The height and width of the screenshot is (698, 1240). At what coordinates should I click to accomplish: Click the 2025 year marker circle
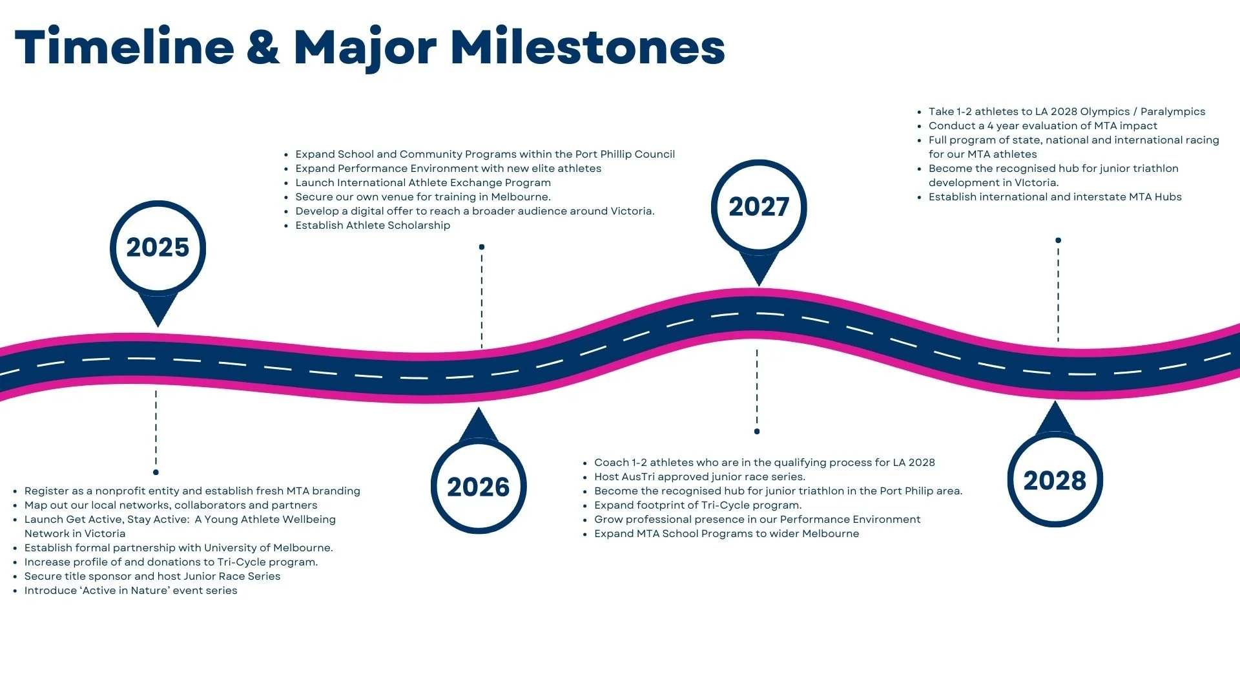(158, 248)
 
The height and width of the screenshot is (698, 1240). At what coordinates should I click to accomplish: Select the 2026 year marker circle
(479, 486)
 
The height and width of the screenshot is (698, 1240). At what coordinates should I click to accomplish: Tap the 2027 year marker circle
(759, 207)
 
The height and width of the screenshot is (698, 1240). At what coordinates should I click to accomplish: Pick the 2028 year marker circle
(1055, 480)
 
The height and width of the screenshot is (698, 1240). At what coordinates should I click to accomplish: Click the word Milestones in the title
(588, 47)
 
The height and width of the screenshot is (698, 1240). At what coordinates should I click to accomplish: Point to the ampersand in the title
(263, 47)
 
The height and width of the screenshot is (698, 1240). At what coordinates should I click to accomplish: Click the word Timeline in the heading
(125, 47)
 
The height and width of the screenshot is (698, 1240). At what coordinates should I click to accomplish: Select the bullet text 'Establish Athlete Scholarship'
(373, 226)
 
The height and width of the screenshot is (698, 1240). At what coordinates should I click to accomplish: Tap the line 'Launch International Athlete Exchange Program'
(423, 183)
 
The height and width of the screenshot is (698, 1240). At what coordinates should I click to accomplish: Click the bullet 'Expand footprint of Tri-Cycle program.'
(697, 505)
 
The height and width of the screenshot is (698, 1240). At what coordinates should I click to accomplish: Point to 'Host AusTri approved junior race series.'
(699, 477)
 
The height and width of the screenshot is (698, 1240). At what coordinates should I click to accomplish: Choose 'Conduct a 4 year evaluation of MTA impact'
(1042, 126)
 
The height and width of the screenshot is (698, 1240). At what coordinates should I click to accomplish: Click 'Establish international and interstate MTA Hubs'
(1055, 197)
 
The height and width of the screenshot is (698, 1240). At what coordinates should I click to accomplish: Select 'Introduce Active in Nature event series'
(130, 591)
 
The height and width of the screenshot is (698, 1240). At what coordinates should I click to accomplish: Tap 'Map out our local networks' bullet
(170, 505)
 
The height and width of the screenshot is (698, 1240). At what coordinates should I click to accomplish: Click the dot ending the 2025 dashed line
(156, 472)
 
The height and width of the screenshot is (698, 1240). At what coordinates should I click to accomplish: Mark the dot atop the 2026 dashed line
(482, 247)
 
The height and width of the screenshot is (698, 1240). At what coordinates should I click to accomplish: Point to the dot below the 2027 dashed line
(757, 431)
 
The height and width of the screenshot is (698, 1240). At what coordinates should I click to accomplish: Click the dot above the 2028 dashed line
(1058, 240)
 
